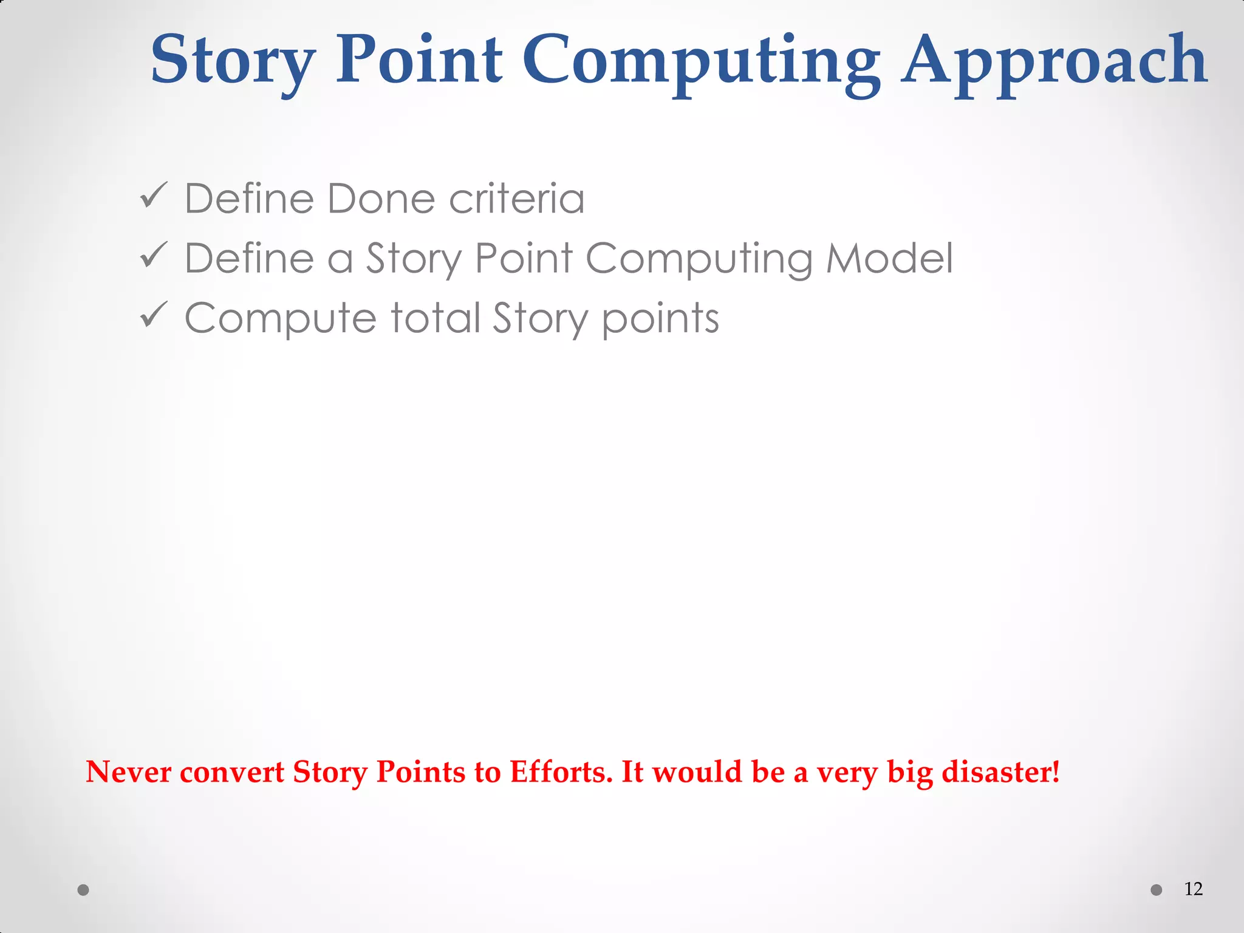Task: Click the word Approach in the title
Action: (1054, 61)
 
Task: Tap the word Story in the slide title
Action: (233, 61)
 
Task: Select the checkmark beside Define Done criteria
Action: (153, 196)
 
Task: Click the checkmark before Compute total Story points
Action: (153, 315)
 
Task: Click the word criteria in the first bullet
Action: (517, 199)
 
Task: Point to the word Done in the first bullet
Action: (381, 199)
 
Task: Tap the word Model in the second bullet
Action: (889, 258)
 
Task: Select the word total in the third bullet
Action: (436, 318)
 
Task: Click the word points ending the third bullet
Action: (660, 318)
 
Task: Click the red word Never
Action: (129, 772)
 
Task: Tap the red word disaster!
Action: (1000, 772)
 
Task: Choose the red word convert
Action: (232, 772)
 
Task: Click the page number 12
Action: (1193, 889)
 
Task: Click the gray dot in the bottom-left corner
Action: (84, 890)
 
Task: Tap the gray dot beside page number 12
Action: (1157, 890)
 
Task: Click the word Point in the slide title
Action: (419, 61)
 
